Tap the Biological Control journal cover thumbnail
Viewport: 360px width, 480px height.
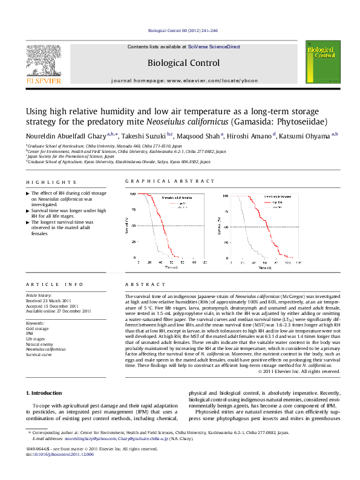pos(318,64)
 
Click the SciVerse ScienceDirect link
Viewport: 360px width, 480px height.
pos(214,47)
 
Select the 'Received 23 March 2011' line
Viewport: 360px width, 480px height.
pos(48,300)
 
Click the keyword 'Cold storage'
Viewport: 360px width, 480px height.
pos(38,328)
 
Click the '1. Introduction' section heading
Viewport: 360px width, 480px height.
pos(45,393)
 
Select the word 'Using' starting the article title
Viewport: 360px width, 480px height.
pos(35,111)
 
